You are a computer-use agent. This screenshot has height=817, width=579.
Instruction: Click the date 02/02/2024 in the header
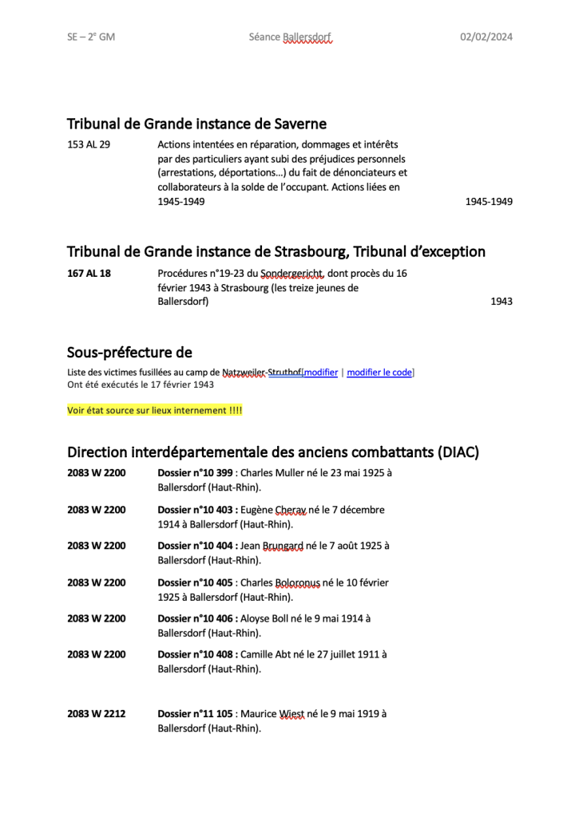[486, 37]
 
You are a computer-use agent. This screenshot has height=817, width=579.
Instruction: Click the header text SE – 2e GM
[91, 37]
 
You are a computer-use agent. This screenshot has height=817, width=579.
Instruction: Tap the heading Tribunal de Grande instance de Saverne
[196, 124]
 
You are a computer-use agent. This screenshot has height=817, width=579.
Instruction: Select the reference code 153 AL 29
[89, 144]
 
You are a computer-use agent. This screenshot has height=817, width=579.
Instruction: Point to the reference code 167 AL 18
[89, 273]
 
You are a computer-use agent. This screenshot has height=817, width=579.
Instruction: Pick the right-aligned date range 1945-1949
[489, 202]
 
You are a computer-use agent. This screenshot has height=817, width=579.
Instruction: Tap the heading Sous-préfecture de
[129, 353]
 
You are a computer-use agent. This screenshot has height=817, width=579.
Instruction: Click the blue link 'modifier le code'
[379, 372]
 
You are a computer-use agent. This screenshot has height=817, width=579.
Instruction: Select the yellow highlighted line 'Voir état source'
[154, 410]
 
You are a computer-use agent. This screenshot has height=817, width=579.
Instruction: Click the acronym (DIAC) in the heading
[458, 452]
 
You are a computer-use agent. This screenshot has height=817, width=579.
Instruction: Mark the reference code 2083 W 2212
[96, 714]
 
